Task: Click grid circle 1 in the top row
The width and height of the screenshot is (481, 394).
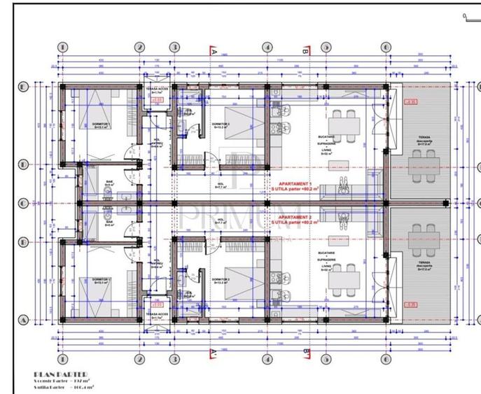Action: tap(62, 48)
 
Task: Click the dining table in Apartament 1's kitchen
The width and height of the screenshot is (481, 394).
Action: tap(345, 121)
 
